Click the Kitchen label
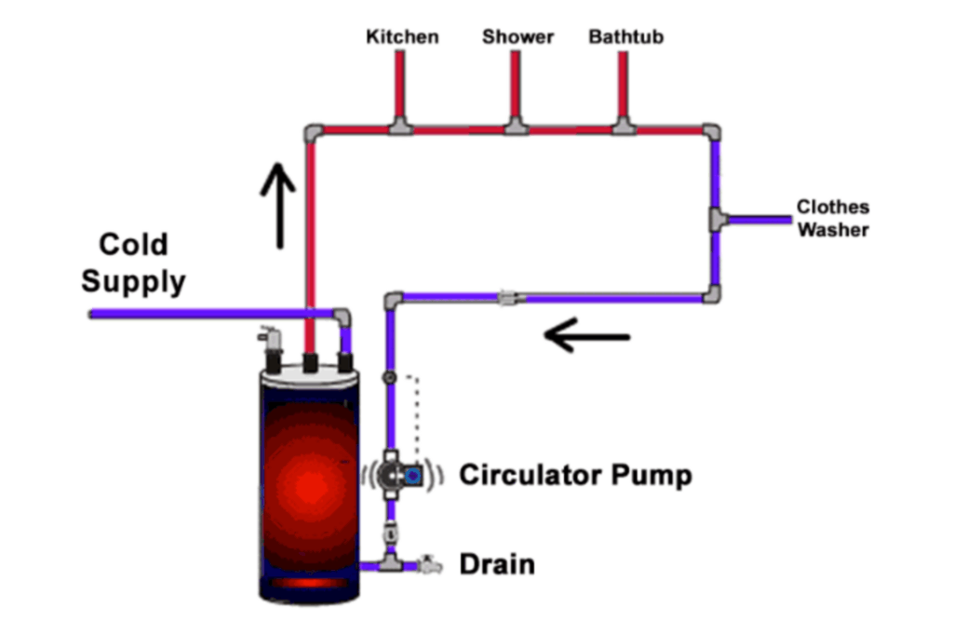402,37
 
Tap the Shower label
517,37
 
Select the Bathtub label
626,37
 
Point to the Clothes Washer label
832,218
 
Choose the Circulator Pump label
576,475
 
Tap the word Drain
497,564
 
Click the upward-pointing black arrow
278,204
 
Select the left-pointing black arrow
587,335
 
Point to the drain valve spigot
430,564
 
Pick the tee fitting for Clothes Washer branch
717,221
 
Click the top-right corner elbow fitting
711,130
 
